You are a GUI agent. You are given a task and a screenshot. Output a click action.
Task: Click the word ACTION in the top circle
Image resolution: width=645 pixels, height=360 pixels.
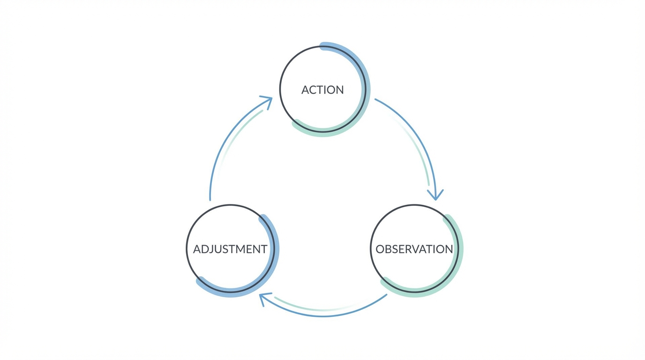(x=322, y=90)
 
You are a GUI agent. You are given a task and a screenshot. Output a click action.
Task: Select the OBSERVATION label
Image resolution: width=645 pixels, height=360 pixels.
(x=414, y=249)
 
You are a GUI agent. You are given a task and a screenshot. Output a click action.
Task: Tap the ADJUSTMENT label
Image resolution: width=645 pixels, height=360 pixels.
(x=230, y=249)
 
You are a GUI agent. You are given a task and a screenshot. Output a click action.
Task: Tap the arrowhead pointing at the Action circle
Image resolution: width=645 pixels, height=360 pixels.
(x=267, y=101)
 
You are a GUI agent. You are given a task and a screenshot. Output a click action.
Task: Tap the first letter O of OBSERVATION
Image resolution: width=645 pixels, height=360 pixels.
(x=380, y=249)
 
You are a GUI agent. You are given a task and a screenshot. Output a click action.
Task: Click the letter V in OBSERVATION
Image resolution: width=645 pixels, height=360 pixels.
(x=417, y=249)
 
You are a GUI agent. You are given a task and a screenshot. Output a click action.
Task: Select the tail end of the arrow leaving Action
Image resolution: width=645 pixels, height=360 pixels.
(x=376, y=99)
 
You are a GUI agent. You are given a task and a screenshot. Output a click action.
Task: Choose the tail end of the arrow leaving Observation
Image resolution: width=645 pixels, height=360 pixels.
(x=386, y=295)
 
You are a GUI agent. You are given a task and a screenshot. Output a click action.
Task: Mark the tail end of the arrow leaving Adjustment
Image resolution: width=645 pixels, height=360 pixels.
(x=210, y=199)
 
